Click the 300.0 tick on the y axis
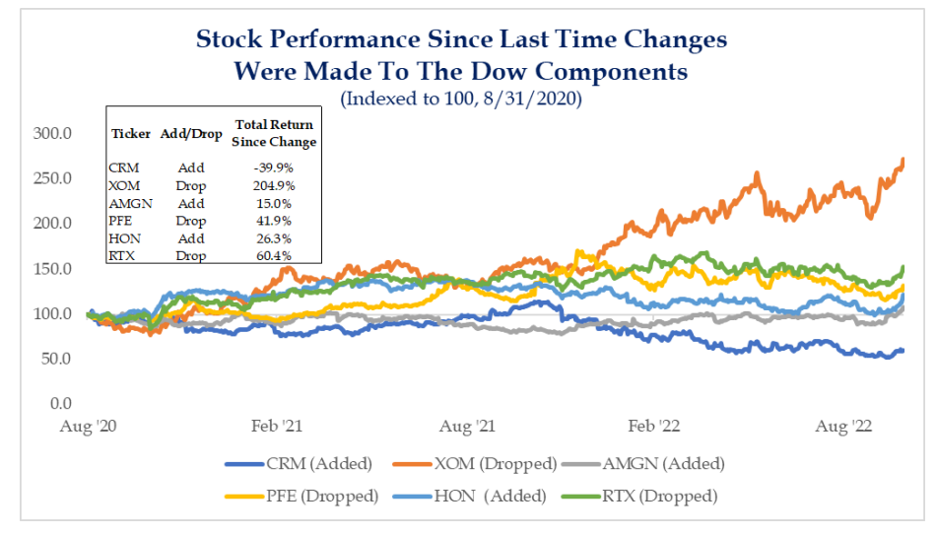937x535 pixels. pyautogui.click(x=61, y=132)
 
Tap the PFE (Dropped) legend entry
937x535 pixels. pyautogui.click(x=325, y=496)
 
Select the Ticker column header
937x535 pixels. pyautogui.click(x=130, y=132)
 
